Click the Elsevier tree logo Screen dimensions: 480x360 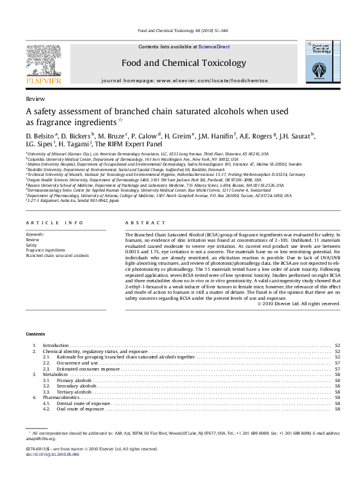pos(42,60)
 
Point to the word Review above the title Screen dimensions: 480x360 pos(33,98)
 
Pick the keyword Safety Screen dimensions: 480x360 pos(30,244)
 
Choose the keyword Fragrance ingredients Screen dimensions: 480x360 pos(45,250)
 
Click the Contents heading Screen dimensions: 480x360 pos(35,334)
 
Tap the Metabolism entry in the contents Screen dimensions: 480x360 pos(56,374)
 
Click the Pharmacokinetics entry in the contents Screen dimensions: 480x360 pos(61,397)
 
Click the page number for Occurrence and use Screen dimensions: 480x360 pos(337,363)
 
